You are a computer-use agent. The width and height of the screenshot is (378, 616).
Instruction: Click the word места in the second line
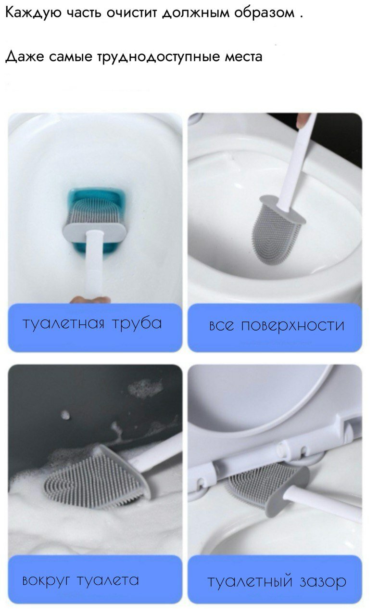tap(244, 57)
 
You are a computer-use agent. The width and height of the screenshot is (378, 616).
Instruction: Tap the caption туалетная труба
tap(92, 323)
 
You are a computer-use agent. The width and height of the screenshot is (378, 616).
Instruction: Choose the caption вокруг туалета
tap(81, 580)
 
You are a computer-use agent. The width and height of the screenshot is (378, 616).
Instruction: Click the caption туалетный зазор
tap(277, 581)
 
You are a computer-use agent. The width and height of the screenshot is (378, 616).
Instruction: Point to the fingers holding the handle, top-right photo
tap(302, 120)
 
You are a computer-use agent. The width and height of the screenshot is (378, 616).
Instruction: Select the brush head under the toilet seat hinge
tap(260, 484)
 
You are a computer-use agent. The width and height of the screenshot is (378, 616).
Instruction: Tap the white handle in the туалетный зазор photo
tap(327, 504)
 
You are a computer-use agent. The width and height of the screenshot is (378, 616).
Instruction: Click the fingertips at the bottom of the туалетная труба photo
tap(89, 299)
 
